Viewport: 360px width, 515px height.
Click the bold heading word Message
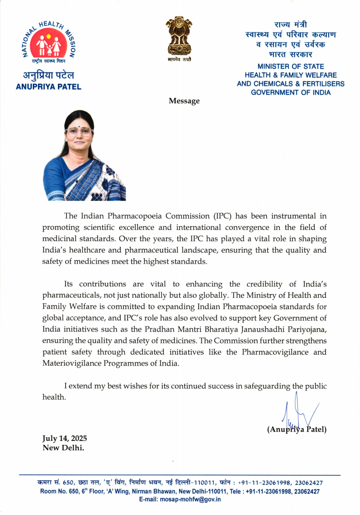coord(184,101)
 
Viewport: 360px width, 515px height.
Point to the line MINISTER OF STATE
coord(291,66)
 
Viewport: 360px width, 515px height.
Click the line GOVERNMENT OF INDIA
coord(291,92)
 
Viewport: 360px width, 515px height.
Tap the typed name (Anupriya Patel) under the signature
coord(297,429)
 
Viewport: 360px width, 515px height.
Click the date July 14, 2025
coord(64,438)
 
